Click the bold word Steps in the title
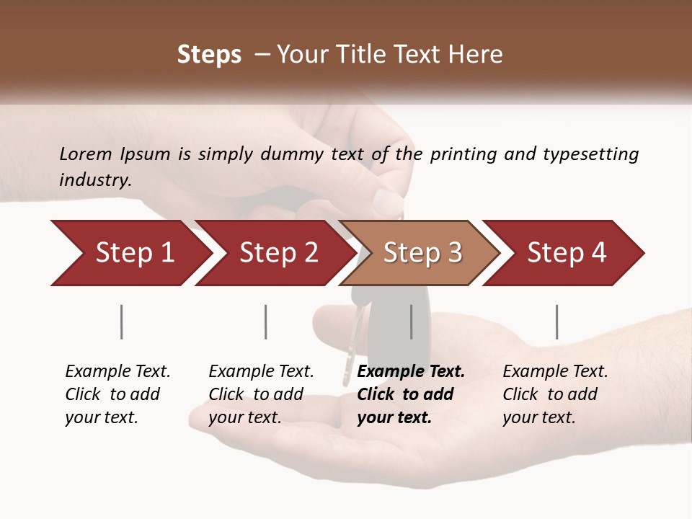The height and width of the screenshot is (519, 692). coord(209,55)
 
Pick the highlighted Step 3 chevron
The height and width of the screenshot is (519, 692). coord(422,253)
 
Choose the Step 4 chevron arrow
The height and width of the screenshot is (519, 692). coord(567,253)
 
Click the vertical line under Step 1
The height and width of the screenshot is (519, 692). coord(121,321)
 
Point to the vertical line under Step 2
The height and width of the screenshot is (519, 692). coord(265,321)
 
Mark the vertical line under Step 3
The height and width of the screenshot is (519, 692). coord(411,321)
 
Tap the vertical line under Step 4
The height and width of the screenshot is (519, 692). coord(556,321)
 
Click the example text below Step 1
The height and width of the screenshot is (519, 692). coord(117,394)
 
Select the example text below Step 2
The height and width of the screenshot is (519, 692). coord(261,394)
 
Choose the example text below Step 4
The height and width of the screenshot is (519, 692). coord(555,394)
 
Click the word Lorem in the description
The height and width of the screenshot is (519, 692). coord(86,154)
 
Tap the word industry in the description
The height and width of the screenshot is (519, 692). coord(95,179)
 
